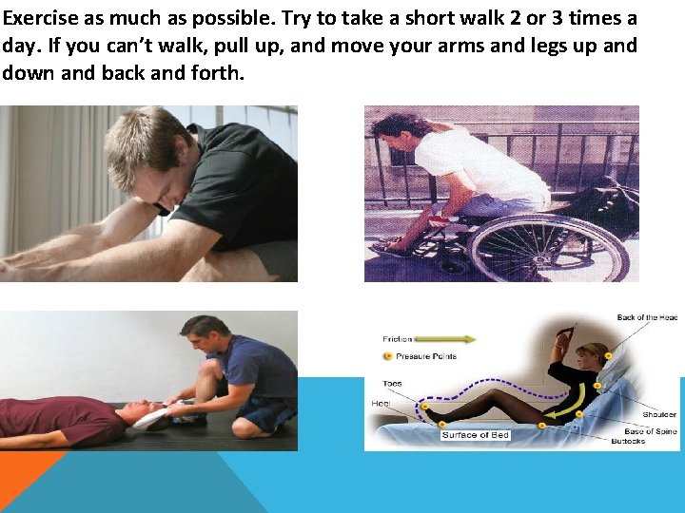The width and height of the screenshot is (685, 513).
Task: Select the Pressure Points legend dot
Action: pos(386,356)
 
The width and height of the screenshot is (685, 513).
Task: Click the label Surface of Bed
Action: pos(475,435)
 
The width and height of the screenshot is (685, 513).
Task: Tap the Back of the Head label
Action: pos(646,317)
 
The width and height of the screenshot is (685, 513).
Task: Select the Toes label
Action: pos(392,384)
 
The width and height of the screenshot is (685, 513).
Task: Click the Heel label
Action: pos(381,404)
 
